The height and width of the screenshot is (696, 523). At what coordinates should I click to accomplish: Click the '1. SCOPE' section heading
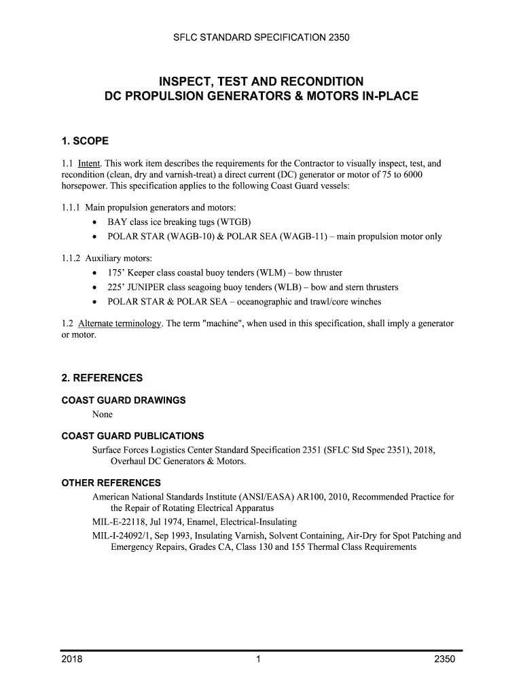[x=85, y=141]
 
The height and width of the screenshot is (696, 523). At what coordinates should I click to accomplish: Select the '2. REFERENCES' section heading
[x=102, y=378]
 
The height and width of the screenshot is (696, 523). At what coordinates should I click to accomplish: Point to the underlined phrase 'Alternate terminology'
[x=120, y=324]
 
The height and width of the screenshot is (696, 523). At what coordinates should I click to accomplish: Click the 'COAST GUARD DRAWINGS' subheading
[x=124, y=400]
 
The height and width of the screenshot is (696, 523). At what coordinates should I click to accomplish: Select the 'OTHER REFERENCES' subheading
[x=111, y=483]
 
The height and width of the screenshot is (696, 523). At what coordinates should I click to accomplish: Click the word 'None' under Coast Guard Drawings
[x=103, y=414]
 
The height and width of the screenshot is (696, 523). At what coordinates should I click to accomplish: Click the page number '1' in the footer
[x=259, y=660]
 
